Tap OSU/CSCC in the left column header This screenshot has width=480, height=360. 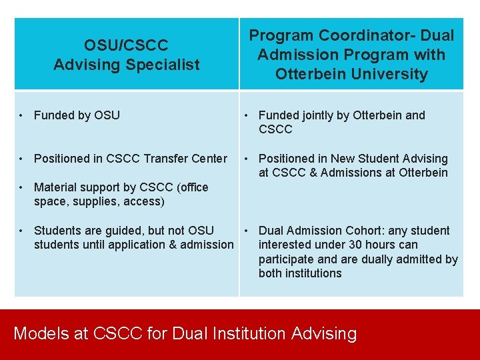point(126,45)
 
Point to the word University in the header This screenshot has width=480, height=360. point(389,74)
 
